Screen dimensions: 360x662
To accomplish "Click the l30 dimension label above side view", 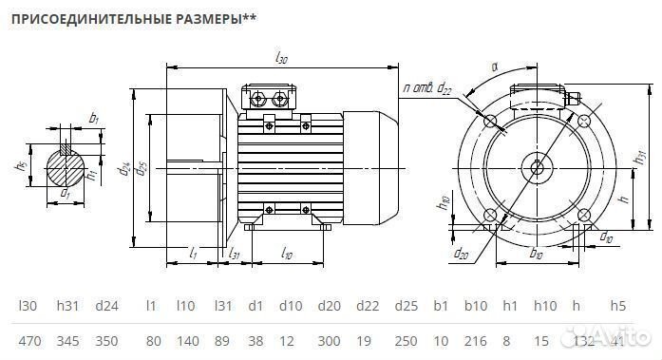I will pos(281,58).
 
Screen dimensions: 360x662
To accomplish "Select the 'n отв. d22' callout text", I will pos(426,87).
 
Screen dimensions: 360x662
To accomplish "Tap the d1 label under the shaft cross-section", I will pos(66,195).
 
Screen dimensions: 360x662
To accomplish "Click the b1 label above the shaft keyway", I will pos(92,118).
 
